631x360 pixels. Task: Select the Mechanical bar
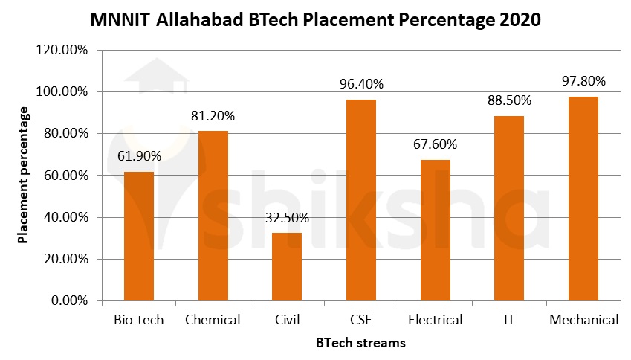[583, 199]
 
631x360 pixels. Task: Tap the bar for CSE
[361, 200]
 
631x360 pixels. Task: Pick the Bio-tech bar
[139, 237]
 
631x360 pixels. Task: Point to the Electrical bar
[436, 231]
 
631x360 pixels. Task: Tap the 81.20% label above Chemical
[213, 116]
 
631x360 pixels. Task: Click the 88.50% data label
[510, 100]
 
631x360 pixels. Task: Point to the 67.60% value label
[436, 144]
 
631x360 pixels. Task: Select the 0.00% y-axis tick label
[68, 301]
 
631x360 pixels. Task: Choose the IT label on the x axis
[510, 321]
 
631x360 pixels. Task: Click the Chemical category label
[213, 321]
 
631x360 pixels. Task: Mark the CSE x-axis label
[361, 321]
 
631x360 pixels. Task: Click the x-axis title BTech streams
[360, 343]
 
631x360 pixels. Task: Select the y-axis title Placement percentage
[24, 176]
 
